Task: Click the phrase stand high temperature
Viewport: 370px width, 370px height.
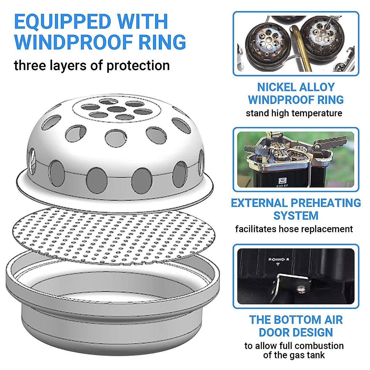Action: [294, 113]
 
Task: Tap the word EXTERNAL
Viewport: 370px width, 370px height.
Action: [259, 203]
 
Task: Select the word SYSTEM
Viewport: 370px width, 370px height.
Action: [296, 216]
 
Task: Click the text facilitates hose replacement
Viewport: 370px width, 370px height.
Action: [294, 229]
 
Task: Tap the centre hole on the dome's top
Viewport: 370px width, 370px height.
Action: [116, 109]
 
